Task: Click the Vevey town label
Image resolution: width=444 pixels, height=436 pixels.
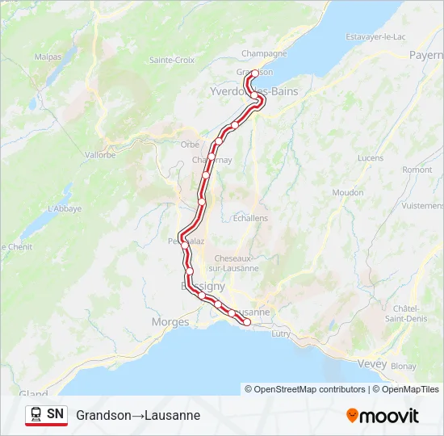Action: pyautogui.click(x=371, y=364)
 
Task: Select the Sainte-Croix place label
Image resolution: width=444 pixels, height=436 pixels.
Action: pyautogui.click(x=172, y=60)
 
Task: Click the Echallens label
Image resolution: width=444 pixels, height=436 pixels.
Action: pyautogui.click(x=249, y=218)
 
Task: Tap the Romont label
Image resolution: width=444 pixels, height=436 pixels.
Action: pyautogui.click(x=417, y=170)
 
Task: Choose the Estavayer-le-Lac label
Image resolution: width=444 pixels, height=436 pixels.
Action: pyautogui.click(x=375, y=37)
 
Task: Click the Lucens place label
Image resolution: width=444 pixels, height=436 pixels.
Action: pyautogui.click(x=370, y=157)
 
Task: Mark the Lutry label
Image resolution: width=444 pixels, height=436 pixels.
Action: pyautogui.click(x=281, y=333)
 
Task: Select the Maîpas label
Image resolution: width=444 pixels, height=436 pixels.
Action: pyautogui.click(x=48, y=57)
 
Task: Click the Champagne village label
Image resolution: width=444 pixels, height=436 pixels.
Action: pyautogui.click(x=264, y=53)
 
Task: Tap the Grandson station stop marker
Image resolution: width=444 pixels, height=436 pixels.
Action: pyautogui.click(x=255, y=73)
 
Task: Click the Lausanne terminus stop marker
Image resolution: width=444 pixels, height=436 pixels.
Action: pyautogui.click(x=247, y=323)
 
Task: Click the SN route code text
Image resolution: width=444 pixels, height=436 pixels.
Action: pyautogui.click(x=55, y=414)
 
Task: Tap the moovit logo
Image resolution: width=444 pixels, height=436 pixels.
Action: pyautogui.click(x=383, y=415)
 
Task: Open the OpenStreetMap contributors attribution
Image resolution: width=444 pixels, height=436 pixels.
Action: pyautogui.click(x=306, y=389)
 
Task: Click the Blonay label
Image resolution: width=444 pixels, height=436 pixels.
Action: pyautogui.click(x=404, y=366)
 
